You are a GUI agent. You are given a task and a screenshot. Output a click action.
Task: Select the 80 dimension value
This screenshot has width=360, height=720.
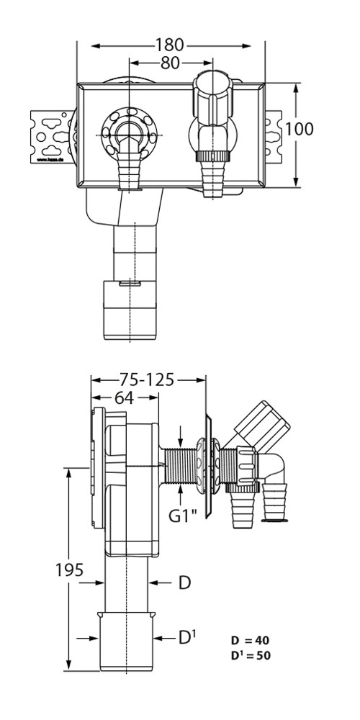point(170,63)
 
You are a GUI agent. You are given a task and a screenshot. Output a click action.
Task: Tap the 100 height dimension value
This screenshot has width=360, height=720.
point(299,130)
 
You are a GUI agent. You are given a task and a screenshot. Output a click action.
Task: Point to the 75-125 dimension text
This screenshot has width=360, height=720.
point(146,380)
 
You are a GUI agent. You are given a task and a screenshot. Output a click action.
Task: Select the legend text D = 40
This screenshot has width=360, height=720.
point(251,640)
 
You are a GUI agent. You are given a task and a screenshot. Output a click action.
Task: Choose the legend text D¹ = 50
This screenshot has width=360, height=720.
point(251,655)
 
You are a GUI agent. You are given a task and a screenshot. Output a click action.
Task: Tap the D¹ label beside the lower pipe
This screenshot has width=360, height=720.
point(187,637)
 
